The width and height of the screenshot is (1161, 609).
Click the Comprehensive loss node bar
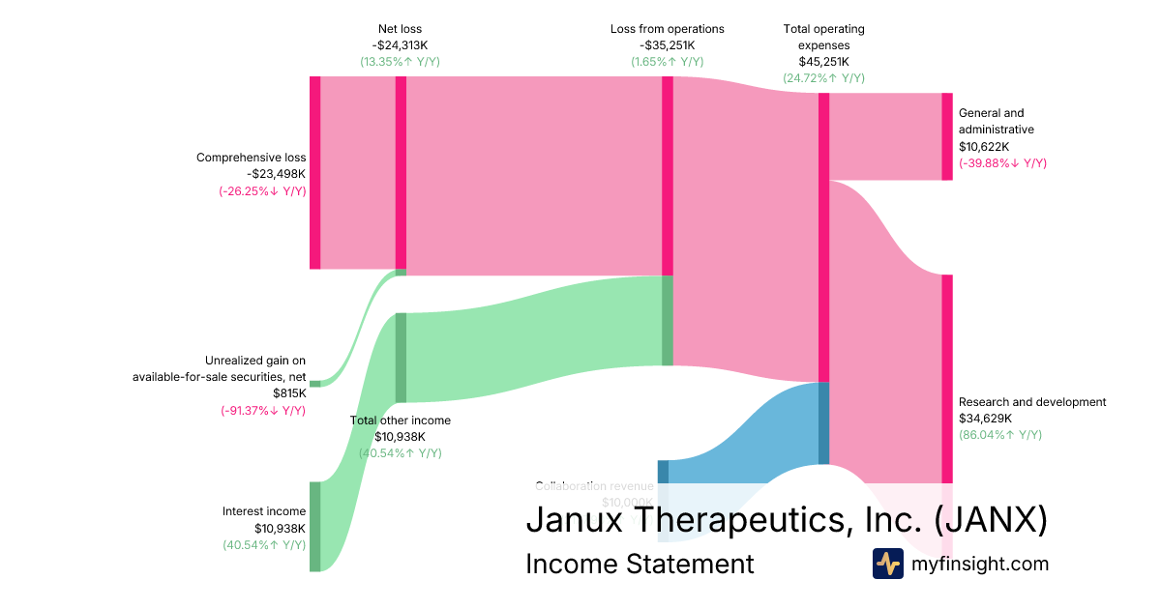coord(314,172)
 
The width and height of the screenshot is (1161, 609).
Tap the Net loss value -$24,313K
coord(400,45)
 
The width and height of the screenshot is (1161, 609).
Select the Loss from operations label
coord(667,29)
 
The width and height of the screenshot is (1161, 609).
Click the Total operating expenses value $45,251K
coord(823,62)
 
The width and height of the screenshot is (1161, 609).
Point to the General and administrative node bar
coord(947,136)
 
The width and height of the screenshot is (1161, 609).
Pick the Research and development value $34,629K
coord(985,419)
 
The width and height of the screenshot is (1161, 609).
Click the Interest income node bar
coord(314,526)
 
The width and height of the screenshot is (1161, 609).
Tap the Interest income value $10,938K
coord(280,529)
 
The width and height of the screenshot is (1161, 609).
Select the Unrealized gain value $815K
coord(289,393)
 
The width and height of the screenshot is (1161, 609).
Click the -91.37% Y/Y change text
coord(263,410)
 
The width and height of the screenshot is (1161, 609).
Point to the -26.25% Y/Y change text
coord(262,190)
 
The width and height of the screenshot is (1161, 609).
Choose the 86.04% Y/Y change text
coord(1000,435)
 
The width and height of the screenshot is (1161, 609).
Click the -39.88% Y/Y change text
coord(1002,162)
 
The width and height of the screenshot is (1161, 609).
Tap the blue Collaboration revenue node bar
coord(663,472)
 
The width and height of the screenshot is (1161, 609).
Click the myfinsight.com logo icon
coord(887,564)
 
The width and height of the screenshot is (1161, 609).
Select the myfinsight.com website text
coord(980,564)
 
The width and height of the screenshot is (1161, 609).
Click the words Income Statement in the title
coord(640,564)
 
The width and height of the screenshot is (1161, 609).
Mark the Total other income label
coord(400,420)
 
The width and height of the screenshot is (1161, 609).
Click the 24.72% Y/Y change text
coord(823,78)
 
